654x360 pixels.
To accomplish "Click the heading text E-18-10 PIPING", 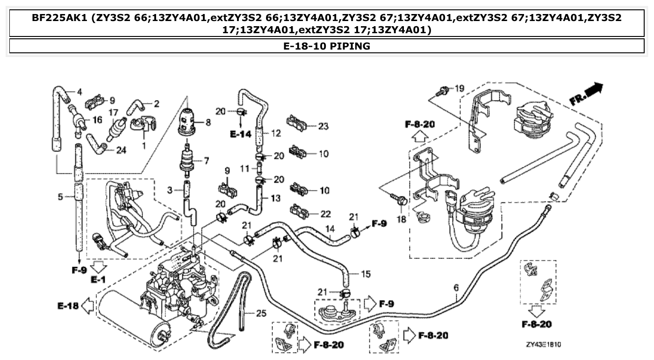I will click(327, 46).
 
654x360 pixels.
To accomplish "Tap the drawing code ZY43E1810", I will click(543, 345).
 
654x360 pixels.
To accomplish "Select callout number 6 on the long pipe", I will click(456, 288).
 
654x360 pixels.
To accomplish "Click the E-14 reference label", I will click(241, 134).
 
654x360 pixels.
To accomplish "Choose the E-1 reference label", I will click(99, 280).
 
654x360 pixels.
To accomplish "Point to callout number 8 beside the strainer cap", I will click(208, 122).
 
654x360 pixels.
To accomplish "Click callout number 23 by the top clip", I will click(323, 126).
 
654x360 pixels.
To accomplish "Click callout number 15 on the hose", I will click(366, 274).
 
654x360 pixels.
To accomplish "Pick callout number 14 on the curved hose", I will click(331, 229).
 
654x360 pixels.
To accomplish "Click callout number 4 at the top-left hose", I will click(79, 91).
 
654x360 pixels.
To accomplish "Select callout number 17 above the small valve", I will click(113, 112).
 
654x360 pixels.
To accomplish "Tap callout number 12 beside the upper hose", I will click(276, 133).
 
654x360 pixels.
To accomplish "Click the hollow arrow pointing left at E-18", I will click(87, 306).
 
